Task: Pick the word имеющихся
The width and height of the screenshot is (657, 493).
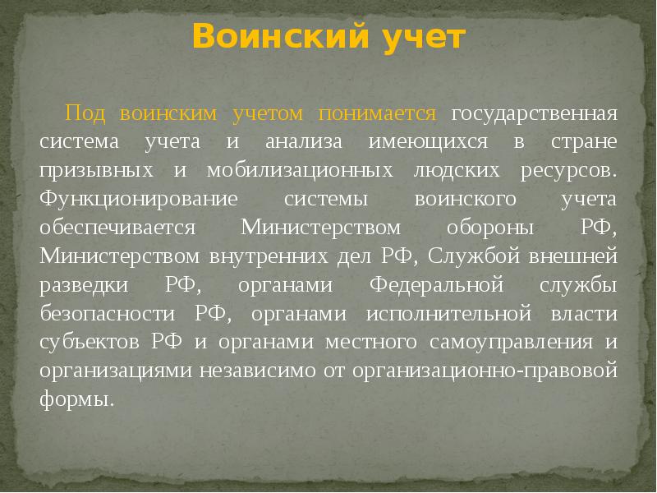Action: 420,141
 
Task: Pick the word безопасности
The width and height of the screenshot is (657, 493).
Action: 105,314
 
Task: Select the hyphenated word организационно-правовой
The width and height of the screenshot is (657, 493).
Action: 484,371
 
